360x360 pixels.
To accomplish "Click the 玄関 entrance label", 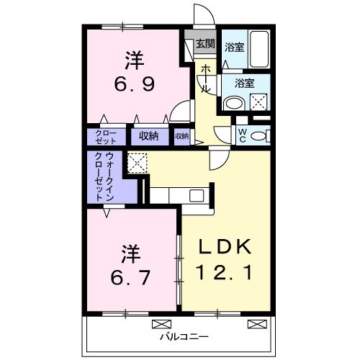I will click(x=205, y=44).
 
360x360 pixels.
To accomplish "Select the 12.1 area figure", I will click(x=225, y=274).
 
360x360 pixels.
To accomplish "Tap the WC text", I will click(x=243, y=135).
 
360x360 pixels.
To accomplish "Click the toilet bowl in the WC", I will click(x=261, y=135).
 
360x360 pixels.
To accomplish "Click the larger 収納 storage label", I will click(x=149, y=135).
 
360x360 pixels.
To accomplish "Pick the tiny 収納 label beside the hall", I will click(x=181, y=135).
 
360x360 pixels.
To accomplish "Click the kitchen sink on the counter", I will click(x=196, y=194).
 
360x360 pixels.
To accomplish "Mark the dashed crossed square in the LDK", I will click(x=137, y=163).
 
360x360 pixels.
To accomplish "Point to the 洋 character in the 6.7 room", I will click(x=130, y=253).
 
